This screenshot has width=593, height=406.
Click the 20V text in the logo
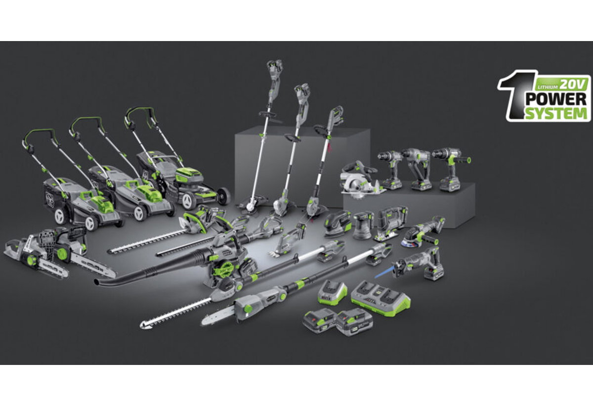571,85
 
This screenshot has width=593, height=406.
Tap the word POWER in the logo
555,99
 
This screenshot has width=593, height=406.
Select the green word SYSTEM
556,114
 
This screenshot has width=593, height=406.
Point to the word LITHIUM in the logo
547,87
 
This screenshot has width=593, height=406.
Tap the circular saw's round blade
357,186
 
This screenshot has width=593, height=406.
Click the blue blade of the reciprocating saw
383,272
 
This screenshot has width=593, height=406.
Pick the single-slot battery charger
333,292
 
